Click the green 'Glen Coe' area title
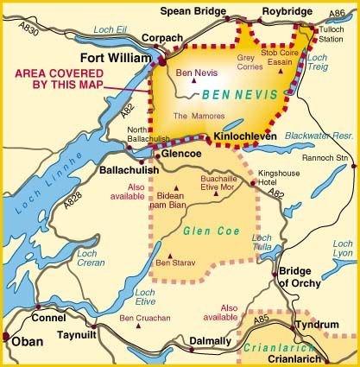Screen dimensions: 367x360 206,231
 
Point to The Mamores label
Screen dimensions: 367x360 193,115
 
